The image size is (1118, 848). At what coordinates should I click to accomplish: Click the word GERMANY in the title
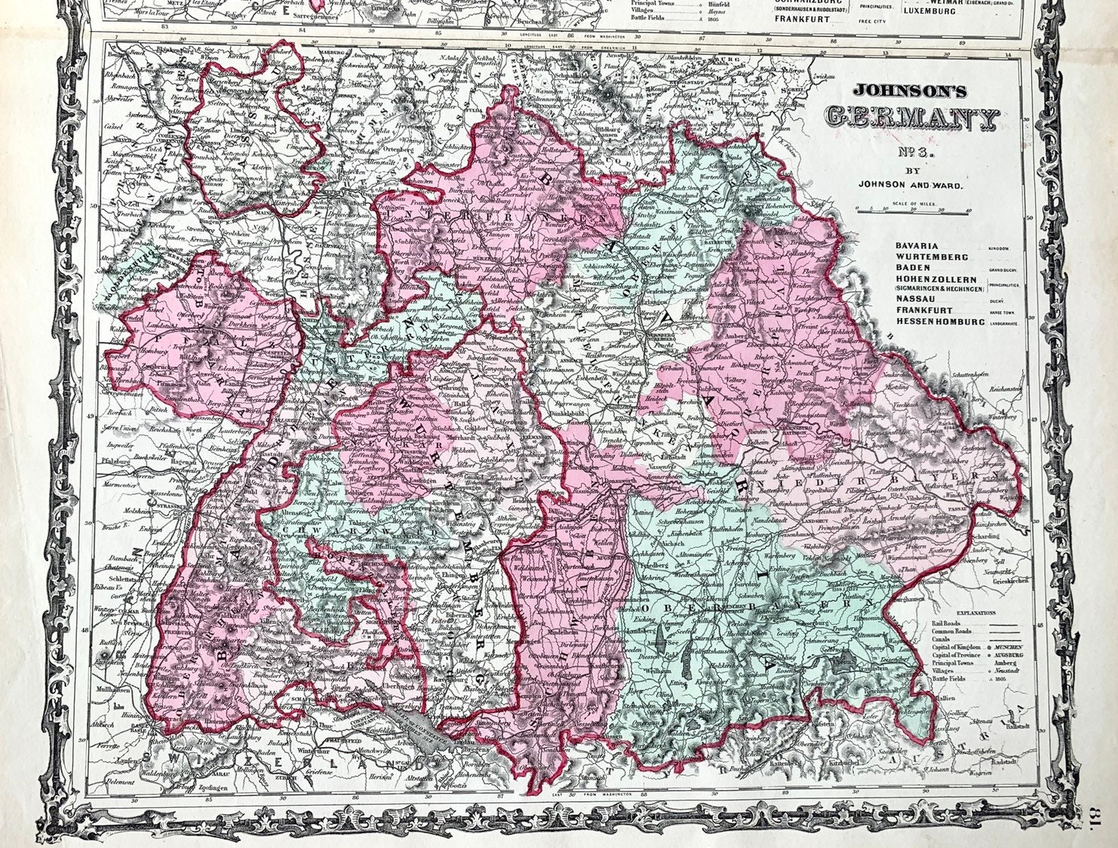pyautogui.click(x=913, y=117)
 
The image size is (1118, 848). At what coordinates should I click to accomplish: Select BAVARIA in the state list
pyautogui.click(x=917, y=246)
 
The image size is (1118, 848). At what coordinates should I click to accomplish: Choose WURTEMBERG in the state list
pyautogui.click(x=932, y=257)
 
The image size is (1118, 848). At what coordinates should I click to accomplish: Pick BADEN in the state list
pyautogui.click(x=914, y=268)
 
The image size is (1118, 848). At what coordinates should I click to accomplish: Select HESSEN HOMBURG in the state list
pyautogui.click(x=940, y=322)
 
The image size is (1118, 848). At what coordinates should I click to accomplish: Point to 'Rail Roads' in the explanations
pyautogui.click(x=935, y=624)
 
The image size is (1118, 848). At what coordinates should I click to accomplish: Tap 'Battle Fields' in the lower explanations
pyautogui.click(x=938, y=679)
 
